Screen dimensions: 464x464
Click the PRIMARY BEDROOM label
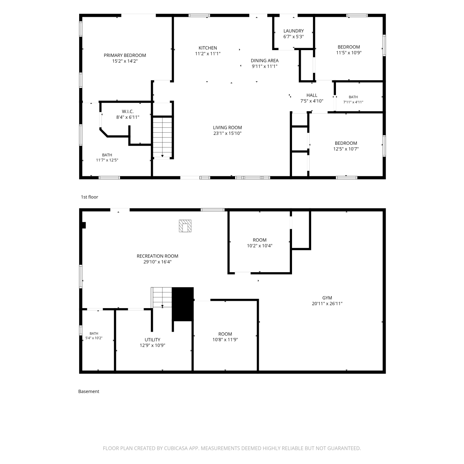pos(125,55)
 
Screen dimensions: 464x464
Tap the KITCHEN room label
pos(208,48)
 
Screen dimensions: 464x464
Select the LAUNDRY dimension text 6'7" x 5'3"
pos(294,37)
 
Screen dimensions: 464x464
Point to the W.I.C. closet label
pos(128,111)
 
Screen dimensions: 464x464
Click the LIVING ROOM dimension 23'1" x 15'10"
pos(227,133)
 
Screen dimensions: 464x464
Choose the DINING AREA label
pos(264,61)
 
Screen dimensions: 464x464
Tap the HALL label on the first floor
pos(312,95)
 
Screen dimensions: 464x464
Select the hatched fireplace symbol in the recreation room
pos(185,226)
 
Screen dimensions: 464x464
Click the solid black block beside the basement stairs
pos(183,304)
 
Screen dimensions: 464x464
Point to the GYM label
pos(327,298)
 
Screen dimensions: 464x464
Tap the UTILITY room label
pos(153,340)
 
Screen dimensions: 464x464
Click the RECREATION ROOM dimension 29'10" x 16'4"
pos(157,262)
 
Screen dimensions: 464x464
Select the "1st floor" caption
pos(89,197)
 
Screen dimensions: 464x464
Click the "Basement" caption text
pos(89,391)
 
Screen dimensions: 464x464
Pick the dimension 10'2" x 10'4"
pos(260,246)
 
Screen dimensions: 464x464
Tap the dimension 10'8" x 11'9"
pos(225,340)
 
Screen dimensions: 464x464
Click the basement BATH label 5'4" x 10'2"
pos(94,336)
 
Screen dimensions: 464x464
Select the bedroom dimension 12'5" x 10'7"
pos(346,149)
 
